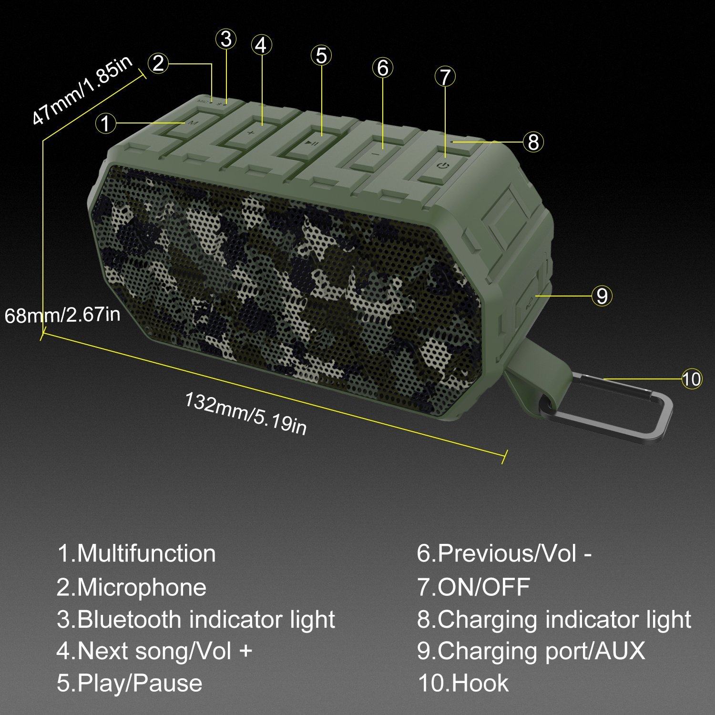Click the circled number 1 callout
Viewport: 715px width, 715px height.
(x=105, y=123)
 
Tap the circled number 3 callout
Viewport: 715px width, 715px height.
(x=226, y=39)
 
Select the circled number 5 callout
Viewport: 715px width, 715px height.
(x=322, y=56)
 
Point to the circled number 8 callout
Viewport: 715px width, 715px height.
(x=533, y=142)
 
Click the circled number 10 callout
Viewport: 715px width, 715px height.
(x=692, y=379)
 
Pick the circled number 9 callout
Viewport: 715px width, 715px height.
(x=602, y=296)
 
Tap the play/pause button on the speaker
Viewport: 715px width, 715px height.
(x=313, y=143)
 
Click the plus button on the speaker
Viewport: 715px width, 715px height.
(x=251, y=132)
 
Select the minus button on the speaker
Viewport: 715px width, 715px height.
(x=377, y=153)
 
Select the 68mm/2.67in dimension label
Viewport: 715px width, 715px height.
(x=62, y=315)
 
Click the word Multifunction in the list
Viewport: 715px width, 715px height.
(x=146, y=553)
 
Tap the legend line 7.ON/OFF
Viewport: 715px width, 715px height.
(x=473, y=587)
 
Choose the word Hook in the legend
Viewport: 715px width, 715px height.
(x=480, y=683)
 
